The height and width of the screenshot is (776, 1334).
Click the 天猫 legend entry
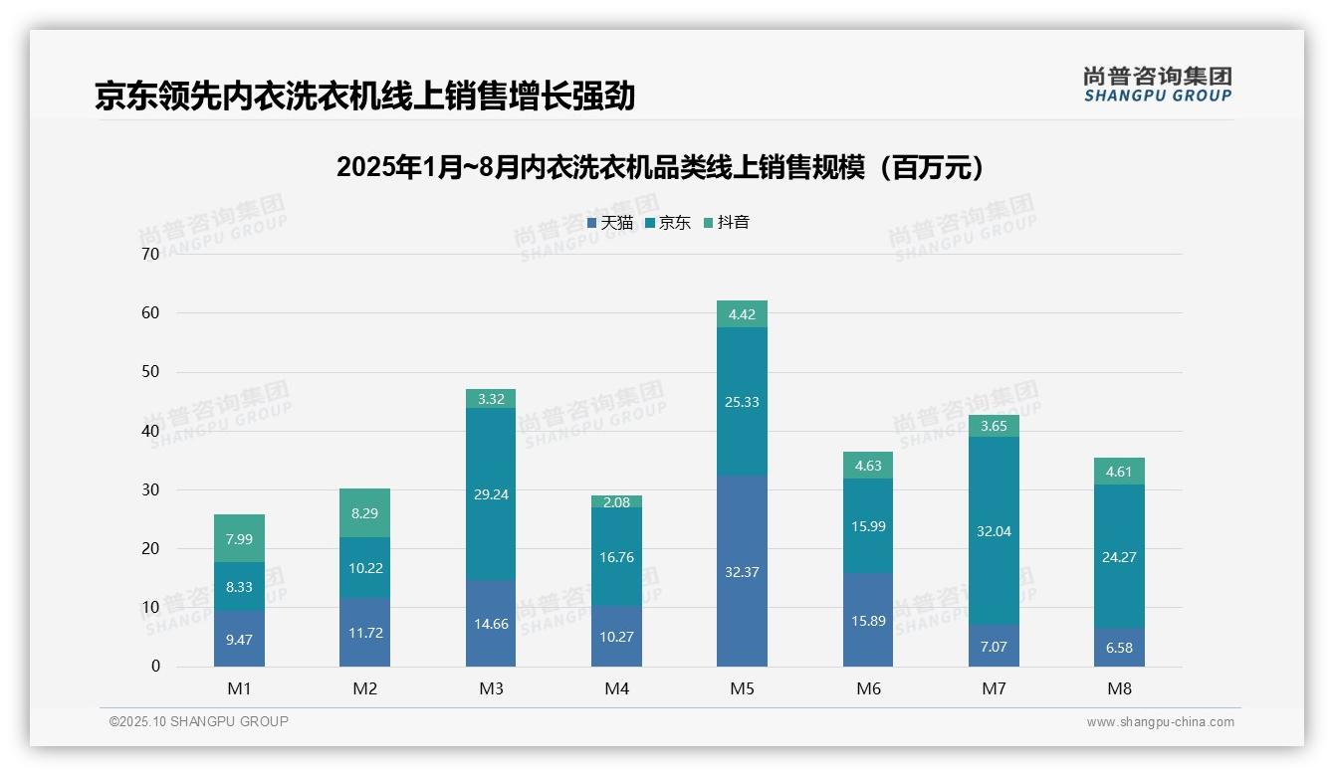[610, 223]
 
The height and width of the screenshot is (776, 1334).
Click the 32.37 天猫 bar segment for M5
[742, 571]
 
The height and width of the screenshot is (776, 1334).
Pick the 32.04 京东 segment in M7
[994, 530]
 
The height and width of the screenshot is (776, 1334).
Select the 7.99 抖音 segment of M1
[239, 538]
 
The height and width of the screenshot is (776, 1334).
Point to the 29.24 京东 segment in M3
[491, 494]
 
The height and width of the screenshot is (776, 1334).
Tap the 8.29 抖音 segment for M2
[364, 513]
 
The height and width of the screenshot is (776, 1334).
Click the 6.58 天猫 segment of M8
[1119, 648]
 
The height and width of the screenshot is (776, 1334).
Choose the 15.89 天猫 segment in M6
[868, 620]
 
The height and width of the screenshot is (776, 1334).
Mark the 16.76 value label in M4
[616, 557]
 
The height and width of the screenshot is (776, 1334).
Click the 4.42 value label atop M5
[742, 314]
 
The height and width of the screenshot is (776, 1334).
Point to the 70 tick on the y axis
[150, 254]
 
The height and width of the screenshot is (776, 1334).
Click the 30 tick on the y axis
[150, 489]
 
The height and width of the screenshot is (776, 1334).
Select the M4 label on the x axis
[616, 688]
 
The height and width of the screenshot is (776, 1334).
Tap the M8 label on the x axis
[1119, 688]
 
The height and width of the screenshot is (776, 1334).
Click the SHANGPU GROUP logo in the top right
[1157, 85]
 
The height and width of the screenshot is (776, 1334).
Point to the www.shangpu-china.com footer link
[1160, 722]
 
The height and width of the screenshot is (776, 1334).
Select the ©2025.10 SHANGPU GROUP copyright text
[199, 722]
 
